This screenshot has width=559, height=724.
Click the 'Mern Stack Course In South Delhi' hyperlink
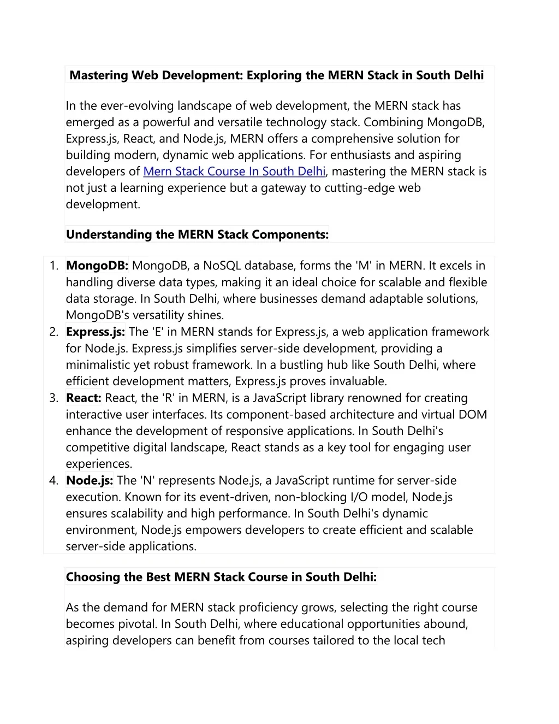coord(234,172)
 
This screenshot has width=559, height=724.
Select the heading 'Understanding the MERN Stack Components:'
coord(197,234)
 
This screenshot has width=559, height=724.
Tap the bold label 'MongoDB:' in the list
coord(97,266)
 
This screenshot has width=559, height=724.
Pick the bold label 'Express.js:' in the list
coord(96,332)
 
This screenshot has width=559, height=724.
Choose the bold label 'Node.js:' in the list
coord(90,481)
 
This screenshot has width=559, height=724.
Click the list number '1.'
coord(53,266)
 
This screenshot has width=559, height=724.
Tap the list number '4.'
coord(53,481)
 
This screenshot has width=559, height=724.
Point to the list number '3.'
coord(53,398)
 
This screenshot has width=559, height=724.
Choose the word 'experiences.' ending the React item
coord(99,464)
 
